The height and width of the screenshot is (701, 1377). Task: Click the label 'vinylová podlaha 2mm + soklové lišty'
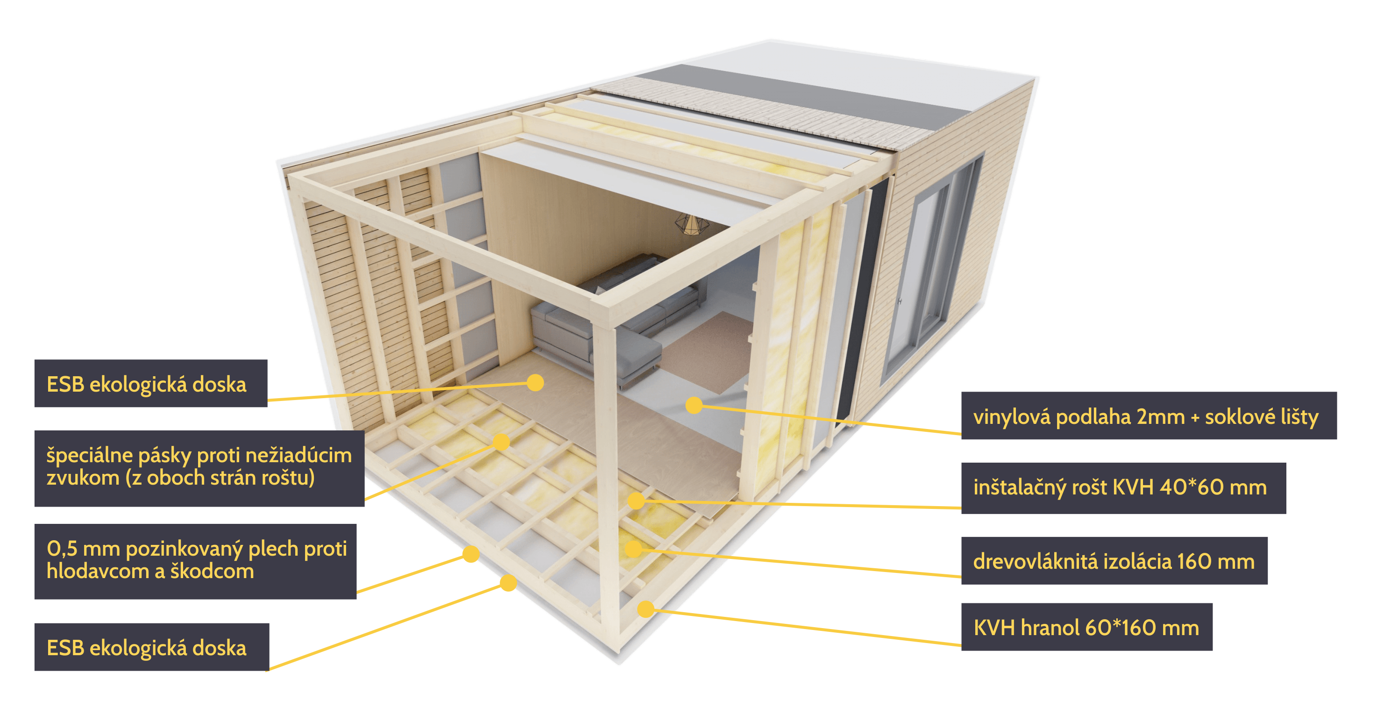click(x=1148, y=416)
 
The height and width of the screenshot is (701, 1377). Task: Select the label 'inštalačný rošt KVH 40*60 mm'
click(x=1122, y=487)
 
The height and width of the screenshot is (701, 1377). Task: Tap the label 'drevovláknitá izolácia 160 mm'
click(x=1114, y=561)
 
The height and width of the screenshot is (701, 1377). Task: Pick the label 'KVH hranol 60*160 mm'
click(x=1086, y=627)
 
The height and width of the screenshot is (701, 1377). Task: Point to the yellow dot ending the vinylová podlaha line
click(x=694, y=405)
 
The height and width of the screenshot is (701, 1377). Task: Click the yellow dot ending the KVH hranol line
click(x=646, y=608)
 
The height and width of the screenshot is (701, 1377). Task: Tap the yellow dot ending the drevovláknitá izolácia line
click(x=633, y=549)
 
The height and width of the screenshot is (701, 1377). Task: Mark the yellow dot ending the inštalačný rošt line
click(x=636, y=501)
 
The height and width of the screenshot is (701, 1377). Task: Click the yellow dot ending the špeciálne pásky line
click(x=501, y=442)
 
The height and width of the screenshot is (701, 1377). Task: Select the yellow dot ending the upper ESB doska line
click(x=535, y=382)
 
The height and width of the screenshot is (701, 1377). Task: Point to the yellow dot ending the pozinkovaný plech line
click(x=471, y=554)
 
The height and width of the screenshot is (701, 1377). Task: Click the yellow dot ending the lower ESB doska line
click(x=508, y=583)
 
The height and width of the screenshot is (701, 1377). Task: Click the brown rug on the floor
click(x=706, y=353)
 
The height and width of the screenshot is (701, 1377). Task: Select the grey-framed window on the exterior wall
click(x=933, y=267)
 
